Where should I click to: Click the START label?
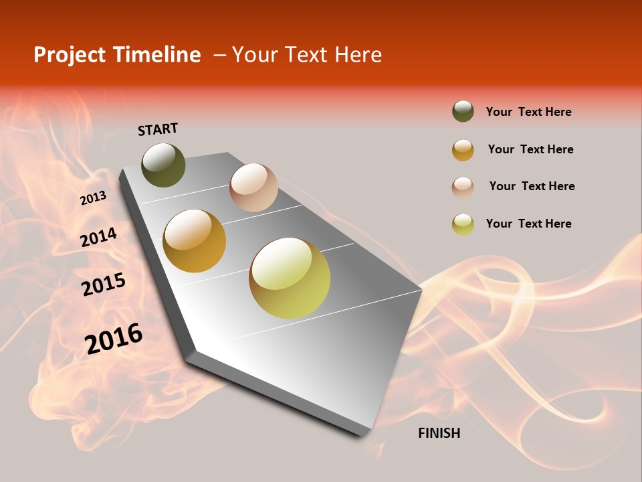158,129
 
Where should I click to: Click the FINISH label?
439,433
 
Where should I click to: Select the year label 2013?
93,198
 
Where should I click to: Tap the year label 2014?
98,238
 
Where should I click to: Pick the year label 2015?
104,285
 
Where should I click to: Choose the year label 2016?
114,339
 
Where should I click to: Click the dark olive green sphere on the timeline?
163,165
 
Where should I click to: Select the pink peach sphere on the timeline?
253,187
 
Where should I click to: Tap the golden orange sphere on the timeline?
195,241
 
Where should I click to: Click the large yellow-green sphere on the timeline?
290,278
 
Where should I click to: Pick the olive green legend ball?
463,112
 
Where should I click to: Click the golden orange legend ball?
463,150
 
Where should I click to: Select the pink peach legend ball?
463,187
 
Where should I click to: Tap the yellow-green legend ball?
463,224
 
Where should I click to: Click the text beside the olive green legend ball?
528,112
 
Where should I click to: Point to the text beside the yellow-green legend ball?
528,224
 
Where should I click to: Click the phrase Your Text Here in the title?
307,55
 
